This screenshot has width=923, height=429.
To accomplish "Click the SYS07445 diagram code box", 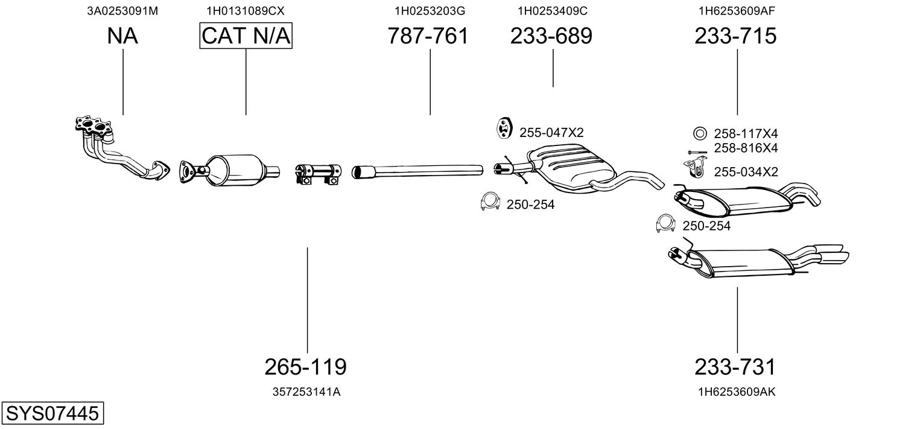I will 52,414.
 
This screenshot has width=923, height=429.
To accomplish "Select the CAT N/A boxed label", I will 246,36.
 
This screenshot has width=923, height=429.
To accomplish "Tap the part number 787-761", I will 428,36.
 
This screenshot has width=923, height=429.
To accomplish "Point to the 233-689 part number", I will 551,36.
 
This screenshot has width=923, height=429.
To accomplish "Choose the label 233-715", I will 735,36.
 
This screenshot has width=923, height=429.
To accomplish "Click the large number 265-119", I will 306,366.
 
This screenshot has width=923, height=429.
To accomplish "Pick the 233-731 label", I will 735,366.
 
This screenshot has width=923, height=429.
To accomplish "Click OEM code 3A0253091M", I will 123,11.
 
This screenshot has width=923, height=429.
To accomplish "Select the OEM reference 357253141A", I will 306,392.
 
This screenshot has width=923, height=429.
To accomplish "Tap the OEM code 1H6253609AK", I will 737,392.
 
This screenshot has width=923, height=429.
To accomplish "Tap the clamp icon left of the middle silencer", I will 489,203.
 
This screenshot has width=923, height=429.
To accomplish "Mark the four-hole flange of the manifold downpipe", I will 94,127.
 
